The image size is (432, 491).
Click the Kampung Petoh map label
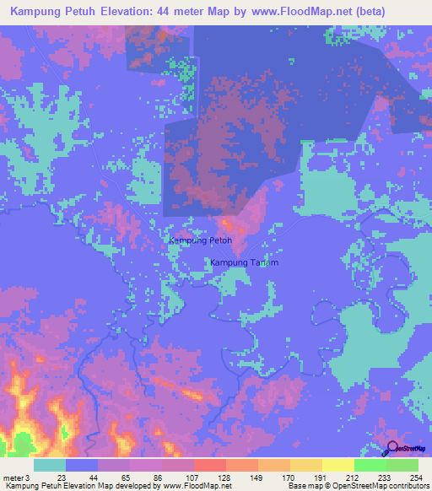pyautogui.click(x=200, y=240)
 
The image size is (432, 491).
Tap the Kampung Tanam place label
pyautogui.click(x=244, y=262)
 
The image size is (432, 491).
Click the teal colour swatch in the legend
pyautogui.click(x=50, y=465)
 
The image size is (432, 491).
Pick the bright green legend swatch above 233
pyautogui.click(x=370, y=465)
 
